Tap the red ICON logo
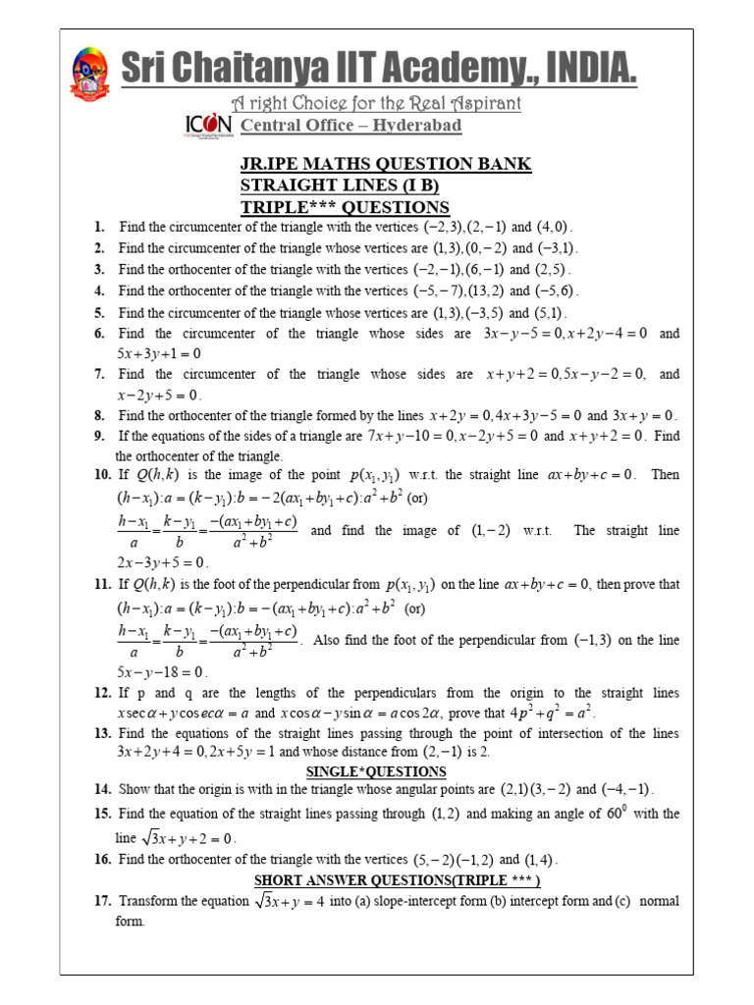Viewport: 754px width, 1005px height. (208, 126)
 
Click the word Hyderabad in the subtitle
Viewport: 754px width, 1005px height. (406, 126)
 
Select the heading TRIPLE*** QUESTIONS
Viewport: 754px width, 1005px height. (345, 206)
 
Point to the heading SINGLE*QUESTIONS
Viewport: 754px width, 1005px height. (362, 772)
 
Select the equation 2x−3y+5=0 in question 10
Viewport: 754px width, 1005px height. (162, 563)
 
